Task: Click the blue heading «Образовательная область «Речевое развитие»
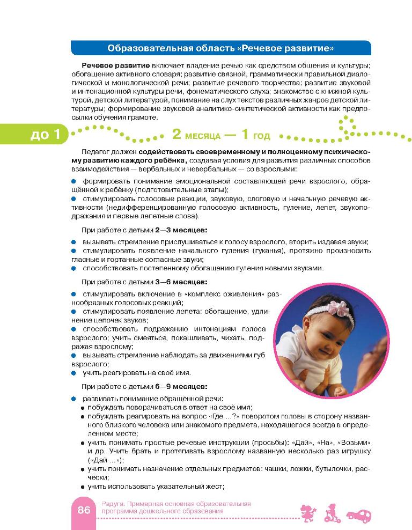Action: pyautogui.click(x=221, y=49)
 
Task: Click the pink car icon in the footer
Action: pyautogui.click(x=359, y=514)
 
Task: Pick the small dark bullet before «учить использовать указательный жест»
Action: pyautogui.click(x=83, y=487)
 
